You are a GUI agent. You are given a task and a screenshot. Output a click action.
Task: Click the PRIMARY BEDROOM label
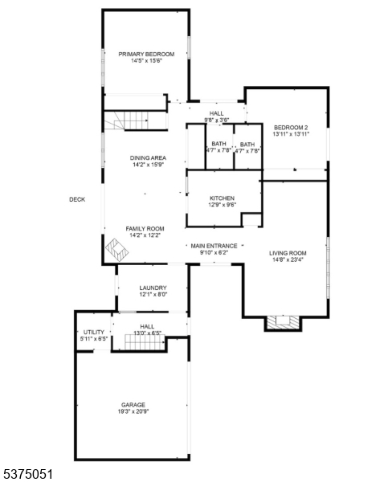click(146, 54)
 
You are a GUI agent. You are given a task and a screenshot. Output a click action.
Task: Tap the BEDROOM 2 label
click(291, 128)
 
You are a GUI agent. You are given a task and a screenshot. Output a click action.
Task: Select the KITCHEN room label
click(222, 198)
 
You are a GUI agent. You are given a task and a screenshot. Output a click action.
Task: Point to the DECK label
click(77, 199)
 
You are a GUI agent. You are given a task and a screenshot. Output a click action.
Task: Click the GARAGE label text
click(133, 405)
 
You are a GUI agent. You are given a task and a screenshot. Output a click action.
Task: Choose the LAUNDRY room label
click(153, 288)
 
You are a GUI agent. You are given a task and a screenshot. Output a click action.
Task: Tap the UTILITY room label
click(94, 333)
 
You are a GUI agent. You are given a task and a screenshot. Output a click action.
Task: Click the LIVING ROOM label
click(288, 253)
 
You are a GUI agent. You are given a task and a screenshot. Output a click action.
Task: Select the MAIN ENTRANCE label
click(214, 246)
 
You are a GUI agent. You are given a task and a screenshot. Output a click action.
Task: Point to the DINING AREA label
click(148, 158)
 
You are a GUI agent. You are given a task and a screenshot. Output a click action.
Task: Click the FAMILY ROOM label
click(145, 229)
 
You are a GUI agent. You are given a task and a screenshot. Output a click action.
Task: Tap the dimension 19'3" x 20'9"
click(133, 411)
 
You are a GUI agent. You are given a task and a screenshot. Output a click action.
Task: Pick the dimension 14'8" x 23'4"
click(288, 259)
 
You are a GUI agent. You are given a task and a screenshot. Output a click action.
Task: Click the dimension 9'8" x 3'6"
click(216, 120)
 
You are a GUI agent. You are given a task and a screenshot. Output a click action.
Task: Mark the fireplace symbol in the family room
click(116, 250)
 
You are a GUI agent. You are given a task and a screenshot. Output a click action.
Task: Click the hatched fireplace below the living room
click(283, 322)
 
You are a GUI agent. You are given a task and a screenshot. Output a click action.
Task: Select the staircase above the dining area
click(126, 120)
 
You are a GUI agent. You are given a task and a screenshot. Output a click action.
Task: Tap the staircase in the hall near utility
click(145, 342)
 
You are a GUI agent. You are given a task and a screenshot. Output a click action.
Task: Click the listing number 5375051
click(27, 474)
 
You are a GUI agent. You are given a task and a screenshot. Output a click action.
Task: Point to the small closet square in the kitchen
click(251, 219)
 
